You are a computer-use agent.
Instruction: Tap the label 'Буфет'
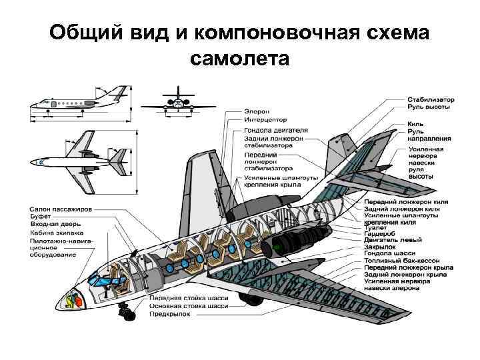(x=41, y=217)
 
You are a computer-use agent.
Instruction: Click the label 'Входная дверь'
(x=55, y=225)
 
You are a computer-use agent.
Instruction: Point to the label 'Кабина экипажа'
(x=56, y=233)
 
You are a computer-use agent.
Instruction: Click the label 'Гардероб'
(x=380, y=235)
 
